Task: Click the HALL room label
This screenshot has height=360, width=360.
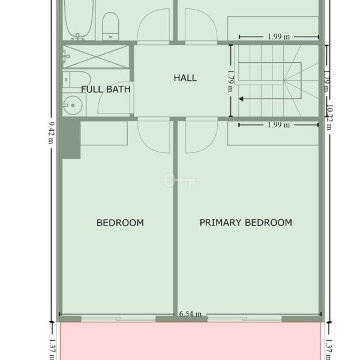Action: [x=185, y=78]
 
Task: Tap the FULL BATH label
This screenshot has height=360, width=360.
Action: [x=106, y=89]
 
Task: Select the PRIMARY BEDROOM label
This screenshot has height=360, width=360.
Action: [x=245, y=223]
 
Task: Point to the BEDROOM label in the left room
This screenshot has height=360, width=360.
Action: [x=120, y=223]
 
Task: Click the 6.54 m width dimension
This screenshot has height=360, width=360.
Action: [x=190, y=314]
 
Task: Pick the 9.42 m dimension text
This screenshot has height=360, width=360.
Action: [x=51, y=133]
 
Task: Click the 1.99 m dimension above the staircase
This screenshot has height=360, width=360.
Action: [x=279, y=37]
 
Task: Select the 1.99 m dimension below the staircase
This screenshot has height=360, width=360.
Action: [x=279, y=125]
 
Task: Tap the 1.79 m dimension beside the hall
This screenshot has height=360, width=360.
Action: [x=230, y=81]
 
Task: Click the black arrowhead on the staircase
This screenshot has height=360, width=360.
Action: [x=241, y=99]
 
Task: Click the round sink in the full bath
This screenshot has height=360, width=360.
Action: [x=73, y=105]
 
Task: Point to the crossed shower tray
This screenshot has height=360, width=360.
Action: [x=96, y=56]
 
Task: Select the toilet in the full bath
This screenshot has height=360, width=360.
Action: [x=77, y=79]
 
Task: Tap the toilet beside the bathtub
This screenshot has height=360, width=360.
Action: [x=110, y=26]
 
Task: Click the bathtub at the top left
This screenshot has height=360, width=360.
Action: [x=79, y=20]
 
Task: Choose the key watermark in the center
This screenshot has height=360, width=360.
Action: [x=180, y=180]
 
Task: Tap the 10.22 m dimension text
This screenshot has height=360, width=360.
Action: [x=329, y=117]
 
